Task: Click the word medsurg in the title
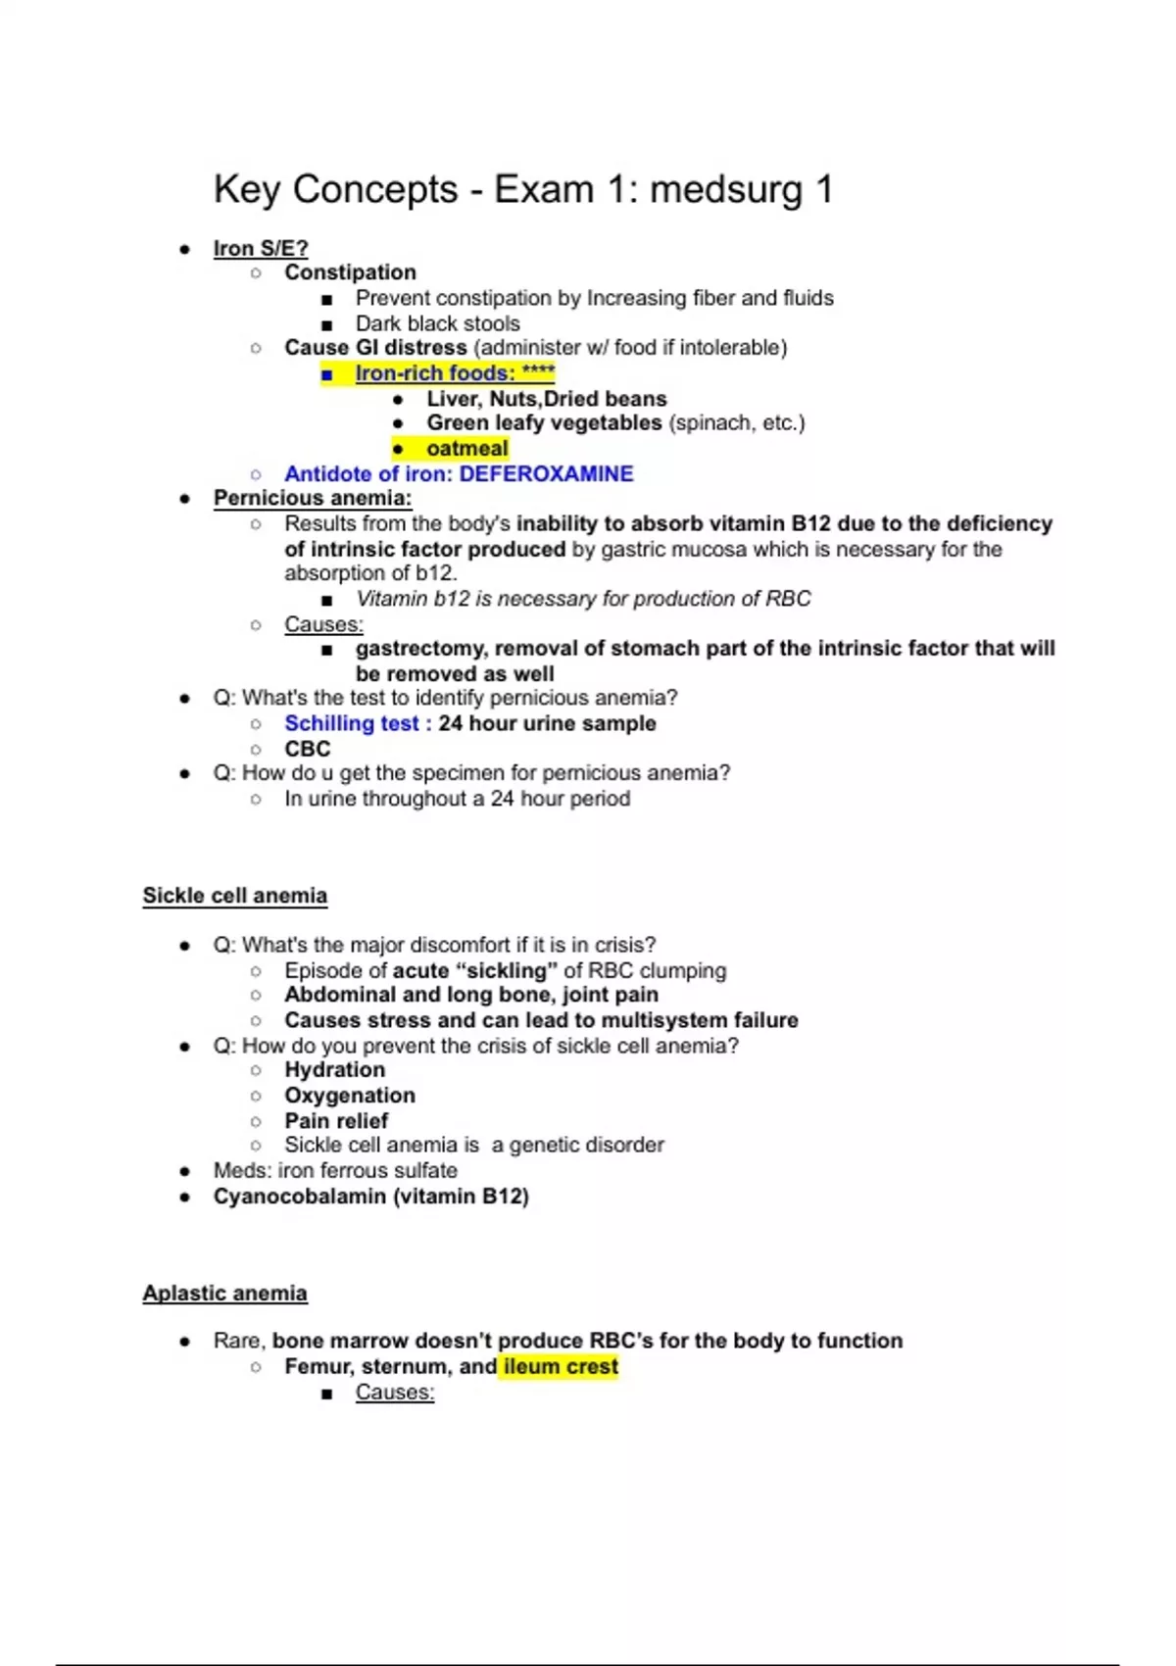point(725,189)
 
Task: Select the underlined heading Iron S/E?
point(261,249)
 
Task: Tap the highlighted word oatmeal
point(466,449)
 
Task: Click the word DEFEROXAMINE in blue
point(546,474)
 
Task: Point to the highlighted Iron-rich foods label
point(435,373)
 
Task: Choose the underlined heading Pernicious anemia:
point(313,498)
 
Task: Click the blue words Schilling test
point(351,723)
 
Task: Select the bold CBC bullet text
point(308,749)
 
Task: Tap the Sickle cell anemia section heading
point(235,896)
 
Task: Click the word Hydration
point(334,1070)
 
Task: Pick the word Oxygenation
point(350,1096)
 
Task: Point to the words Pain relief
point(336,1120)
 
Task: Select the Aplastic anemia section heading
point(224,1294)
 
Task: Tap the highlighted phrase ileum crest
point(561,1366)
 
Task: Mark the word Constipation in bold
point(350,272)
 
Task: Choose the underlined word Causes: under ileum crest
point(394,1393)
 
